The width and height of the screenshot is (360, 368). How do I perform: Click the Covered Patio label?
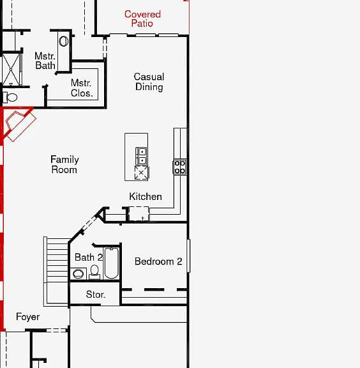(x=142, y=19)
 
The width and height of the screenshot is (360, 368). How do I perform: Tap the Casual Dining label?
(x=149, y=82)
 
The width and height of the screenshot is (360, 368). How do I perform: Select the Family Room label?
(x=64, y=164)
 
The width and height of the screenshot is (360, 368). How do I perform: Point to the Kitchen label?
(x=146, y=196)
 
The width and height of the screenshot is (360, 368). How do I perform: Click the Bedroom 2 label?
(x=158, y=261)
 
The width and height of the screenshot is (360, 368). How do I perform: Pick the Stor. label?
(x=96, y=295)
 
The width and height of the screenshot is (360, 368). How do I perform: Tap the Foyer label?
(x=27, y=317)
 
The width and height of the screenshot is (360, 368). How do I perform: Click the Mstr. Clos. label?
(x=82, y=88)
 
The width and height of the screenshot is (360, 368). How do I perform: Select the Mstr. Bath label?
(x=45, y=61)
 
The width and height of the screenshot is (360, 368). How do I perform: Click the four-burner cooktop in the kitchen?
(x=180, y=167)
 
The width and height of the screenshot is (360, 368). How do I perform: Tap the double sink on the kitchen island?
(x=141, y=156)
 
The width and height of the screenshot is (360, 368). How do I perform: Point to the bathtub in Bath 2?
(x=111, y=263)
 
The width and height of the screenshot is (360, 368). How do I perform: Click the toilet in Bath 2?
(x=94, y=272)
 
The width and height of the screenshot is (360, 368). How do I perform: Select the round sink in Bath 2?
(x=78, y=273)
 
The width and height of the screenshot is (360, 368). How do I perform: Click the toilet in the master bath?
(x=10, y=97)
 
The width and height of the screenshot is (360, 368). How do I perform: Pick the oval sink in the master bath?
(x=64, y=42)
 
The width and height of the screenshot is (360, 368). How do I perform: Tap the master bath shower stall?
(x=11, y=69)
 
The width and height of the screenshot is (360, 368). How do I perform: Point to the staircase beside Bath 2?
(x=56, y=272)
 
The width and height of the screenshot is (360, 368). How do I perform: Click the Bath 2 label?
(x=89, y=257)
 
